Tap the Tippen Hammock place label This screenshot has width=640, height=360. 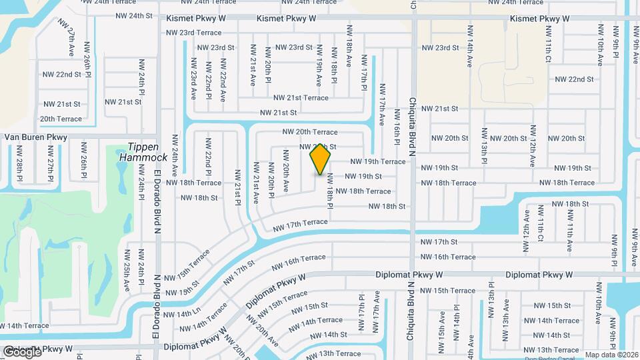[x=143, y=152]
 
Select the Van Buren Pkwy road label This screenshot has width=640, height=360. [x=36, y=137]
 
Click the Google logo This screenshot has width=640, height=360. [x=22, y=352]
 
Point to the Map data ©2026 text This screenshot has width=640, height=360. [x=611, y=355]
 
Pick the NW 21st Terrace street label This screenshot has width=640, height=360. [x=301, y=98]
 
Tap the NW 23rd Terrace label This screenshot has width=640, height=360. [x=193, y=32]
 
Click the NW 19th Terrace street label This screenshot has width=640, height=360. [x=377, y=161]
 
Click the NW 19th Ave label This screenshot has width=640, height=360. [x=319, y=64]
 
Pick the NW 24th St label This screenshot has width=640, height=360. [x=134, y=15]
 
